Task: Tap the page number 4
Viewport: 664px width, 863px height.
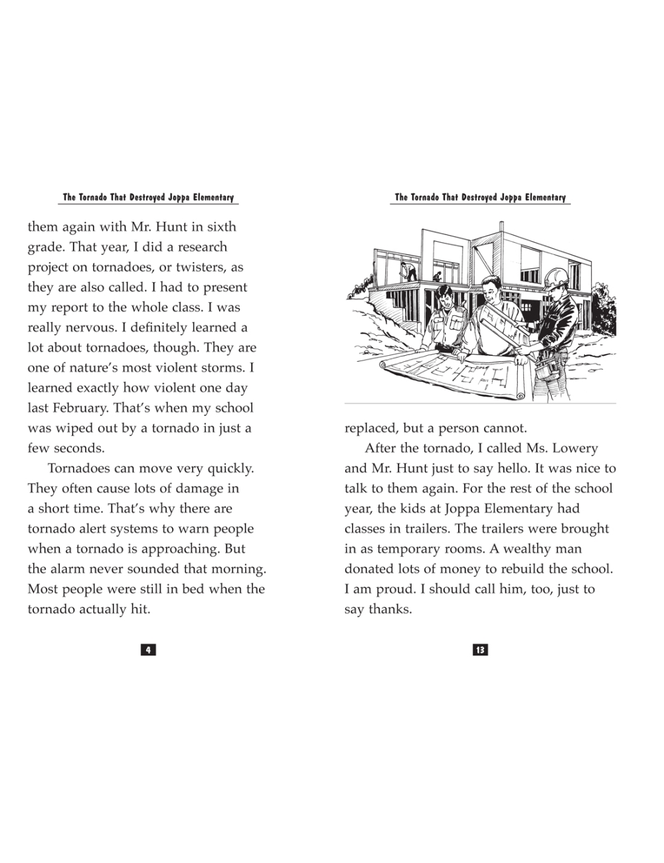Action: click(x=148, y=650)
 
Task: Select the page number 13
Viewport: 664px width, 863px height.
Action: click(x=479, y=650)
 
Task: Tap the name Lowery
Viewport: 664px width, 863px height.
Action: click(x=574, y=449)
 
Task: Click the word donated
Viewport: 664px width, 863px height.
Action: click(x=370, y=570)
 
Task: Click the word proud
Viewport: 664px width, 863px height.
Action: click(x=384, y=589)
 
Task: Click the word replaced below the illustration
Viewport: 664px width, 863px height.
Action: click(x=370, y=429)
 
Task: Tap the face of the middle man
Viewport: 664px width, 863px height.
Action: click(x=490, y=290)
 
